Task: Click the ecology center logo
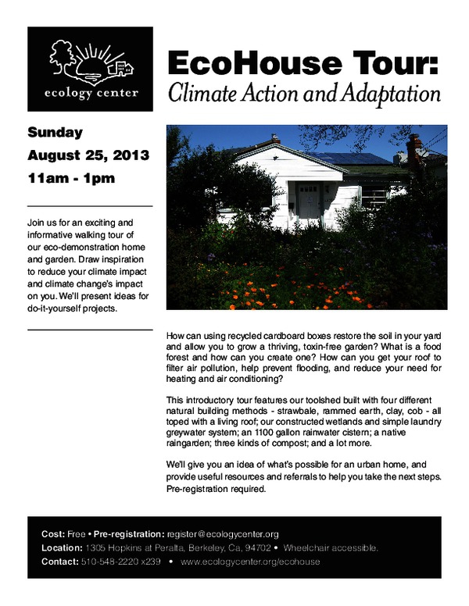[90, 70]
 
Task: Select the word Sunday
[55, 132]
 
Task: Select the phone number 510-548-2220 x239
[120, 562]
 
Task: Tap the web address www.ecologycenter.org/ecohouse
[250, 562]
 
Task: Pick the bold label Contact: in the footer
[59, 562]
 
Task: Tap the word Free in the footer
[76, 534]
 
